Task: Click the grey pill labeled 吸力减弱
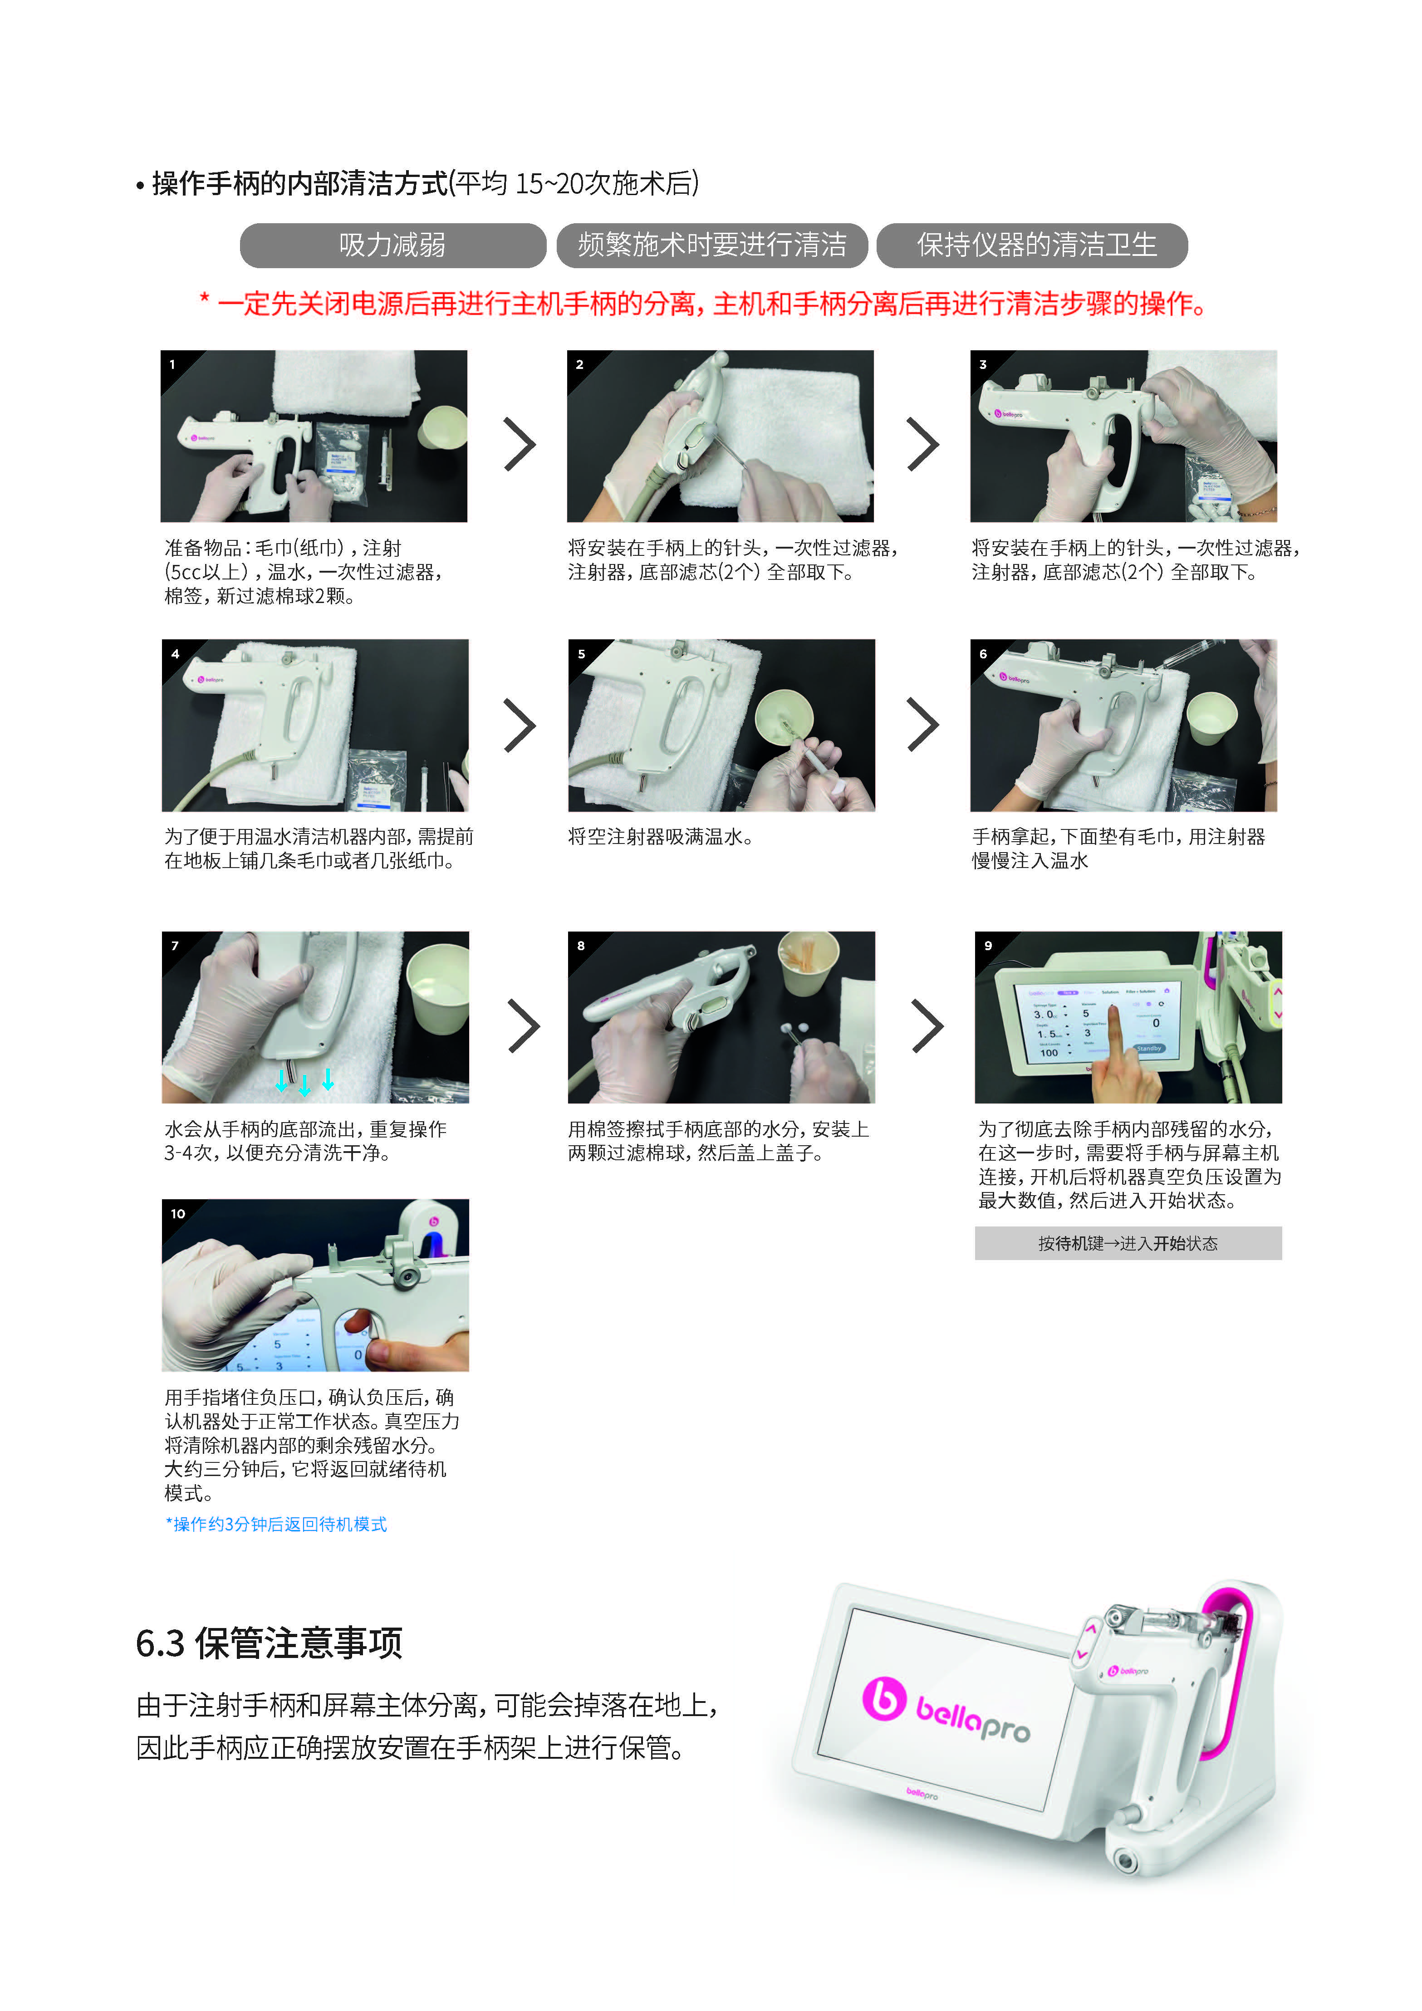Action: (392, 245)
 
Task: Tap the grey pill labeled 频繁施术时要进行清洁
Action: (712, 245)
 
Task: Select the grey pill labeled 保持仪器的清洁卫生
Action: (1032, 245)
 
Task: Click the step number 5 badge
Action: (581, 653)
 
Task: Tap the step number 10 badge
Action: (178, 1213)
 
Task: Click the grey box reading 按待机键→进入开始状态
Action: (1128, 1243)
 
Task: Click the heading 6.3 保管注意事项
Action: (269, 1642)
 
